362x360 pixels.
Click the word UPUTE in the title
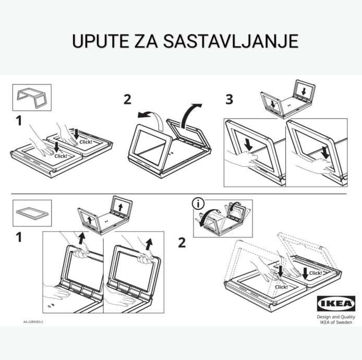coord(101,41)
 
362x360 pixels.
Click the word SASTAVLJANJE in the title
coord(231,41)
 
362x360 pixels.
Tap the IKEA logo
coord(336,304)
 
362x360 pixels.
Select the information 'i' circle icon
coord(198,203)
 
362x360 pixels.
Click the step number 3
coord(230,100)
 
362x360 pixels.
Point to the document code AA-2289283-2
coord(33,322)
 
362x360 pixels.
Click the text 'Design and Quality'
coord(336,317)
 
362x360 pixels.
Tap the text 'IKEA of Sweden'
coord(336,322)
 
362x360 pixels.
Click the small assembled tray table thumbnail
coord(32,98)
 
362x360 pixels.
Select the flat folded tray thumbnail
coord(32,213)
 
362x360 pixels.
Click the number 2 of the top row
coord(127,100)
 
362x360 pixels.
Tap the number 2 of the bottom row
coord(182,243)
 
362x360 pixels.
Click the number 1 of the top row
coord(19,121)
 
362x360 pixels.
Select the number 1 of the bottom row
coord(19,237)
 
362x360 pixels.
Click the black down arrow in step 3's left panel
coord(248,145)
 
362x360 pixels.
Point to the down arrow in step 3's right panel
coord(325,152)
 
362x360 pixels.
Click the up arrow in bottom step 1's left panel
coord(81,238)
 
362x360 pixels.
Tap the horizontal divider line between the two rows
coord(179,194)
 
